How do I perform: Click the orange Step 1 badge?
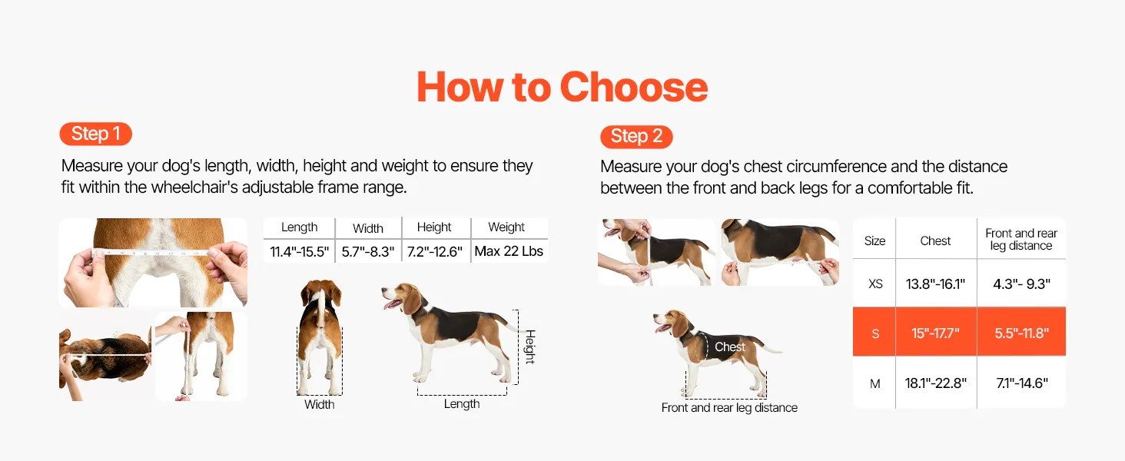tap(95, 134)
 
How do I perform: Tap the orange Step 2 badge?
tap(636, 137)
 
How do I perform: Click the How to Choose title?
tap(562, 87)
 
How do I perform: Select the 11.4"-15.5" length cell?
tap(300, 251)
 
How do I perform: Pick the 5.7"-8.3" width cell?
tap(368, 251)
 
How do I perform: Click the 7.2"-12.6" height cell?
tap(434, 251)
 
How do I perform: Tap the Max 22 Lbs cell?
tap(509, 251)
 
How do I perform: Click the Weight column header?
tap(506, 227)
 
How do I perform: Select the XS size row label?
tap(875, 284)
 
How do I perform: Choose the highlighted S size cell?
tap(875, 333)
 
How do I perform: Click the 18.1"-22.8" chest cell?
tap(936, 383)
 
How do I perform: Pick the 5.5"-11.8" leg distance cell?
tap(1021, 333)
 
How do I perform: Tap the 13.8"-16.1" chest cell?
tap(936, 284)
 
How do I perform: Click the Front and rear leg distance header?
tap(1021, 240)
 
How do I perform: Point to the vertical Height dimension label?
tap(530, 347)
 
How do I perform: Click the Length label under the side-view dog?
tap(462, 403)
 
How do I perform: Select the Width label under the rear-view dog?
tap(320, 404)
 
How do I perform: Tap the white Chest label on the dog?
tap(730, 347)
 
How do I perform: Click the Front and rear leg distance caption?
tap(729, 407)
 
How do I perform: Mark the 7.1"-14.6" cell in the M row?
tap(1021, 383)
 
